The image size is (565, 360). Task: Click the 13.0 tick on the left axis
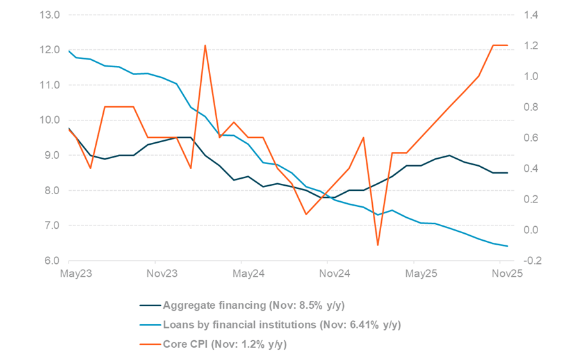coord(49,15)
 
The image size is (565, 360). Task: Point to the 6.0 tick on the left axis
coord(51,261)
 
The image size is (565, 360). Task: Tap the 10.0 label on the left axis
coord(49,120)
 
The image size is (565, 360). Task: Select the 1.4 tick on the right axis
coord(534,15)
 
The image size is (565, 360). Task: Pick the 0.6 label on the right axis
coord(534,138)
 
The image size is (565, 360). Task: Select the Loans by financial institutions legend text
coord(282,325)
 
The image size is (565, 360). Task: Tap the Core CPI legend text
coord(225,345)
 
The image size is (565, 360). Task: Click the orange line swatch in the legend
coord(149,345)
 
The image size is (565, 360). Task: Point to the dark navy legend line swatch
coord(149,305)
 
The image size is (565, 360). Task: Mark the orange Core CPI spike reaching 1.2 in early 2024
coord(205,45)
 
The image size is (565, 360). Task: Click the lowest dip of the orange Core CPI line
coord(378,245)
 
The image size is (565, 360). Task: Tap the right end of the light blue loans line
coord(507,246)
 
